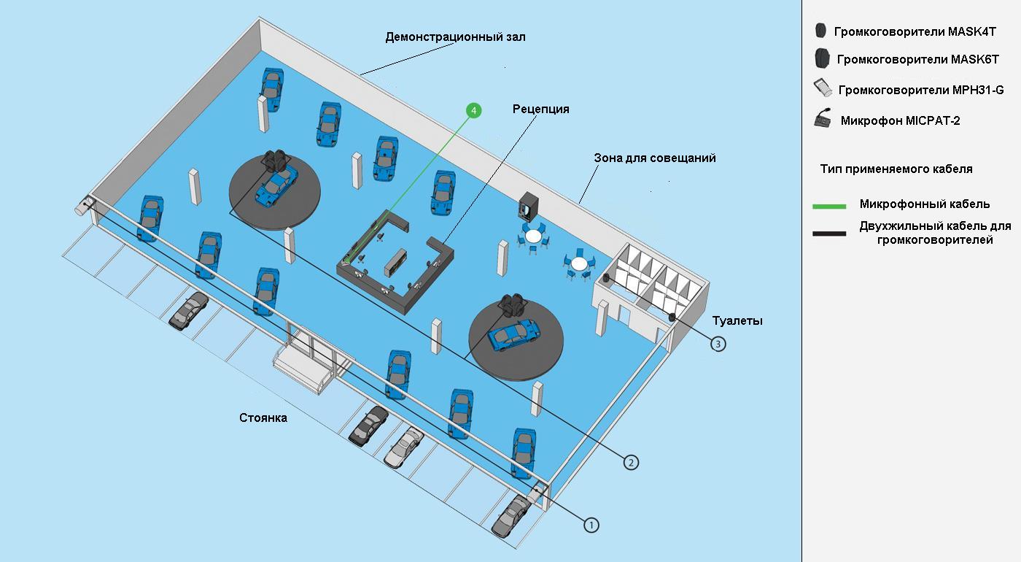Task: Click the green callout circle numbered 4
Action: pos(474,110)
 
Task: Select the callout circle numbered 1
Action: pos(591,524)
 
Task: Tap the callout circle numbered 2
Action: pos(631,461)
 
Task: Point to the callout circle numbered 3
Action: pos(718,343)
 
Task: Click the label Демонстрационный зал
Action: pos(455,36)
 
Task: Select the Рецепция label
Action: pos(540,109)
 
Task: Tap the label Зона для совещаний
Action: pos(654,158)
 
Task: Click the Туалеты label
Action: pos(737,320)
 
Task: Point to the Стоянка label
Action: pos(263,418)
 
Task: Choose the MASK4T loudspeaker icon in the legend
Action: pos(821,31)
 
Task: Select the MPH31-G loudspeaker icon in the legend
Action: pos(823,88)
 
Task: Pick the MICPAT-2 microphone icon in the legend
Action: pos(823,119)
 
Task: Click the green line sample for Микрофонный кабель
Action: pos(829,207)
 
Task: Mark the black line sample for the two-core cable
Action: pos(829,234)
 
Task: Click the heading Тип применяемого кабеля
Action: pos(896,169)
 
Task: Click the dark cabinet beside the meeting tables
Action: pos(529,207)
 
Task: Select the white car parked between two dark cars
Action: pos(403,447)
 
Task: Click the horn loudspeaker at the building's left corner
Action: pos(80,207)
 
